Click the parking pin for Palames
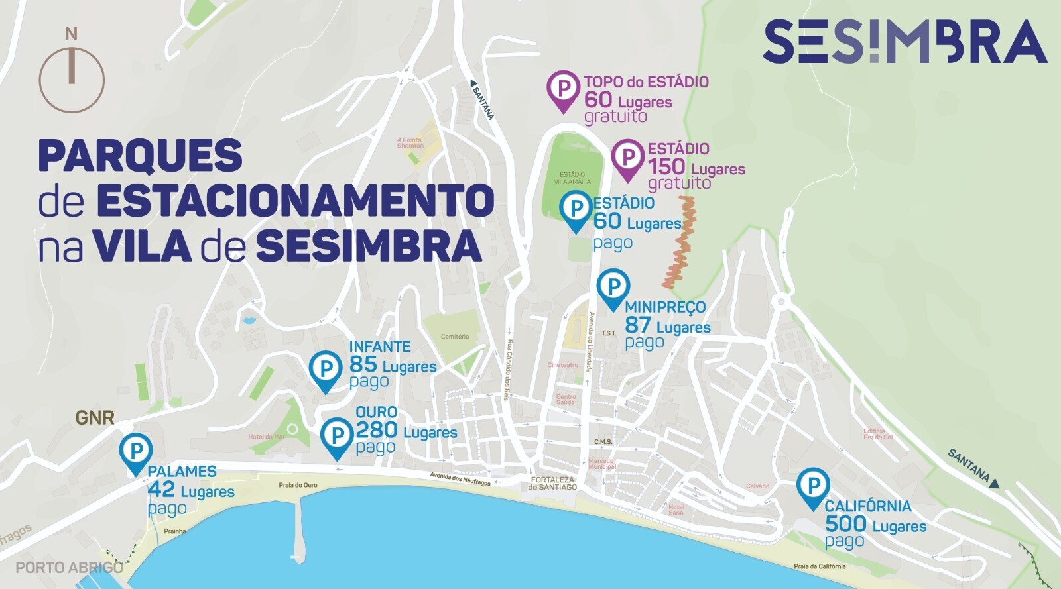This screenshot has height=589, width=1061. [136, 451]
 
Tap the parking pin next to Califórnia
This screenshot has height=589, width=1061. [812, 486]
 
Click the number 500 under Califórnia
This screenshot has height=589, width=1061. [845, 524]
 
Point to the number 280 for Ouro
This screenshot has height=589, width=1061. [377, 431]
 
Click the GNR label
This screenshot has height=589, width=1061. [95, 418]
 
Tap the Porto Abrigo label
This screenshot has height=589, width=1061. [69, 568]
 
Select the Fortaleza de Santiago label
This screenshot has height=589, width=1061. [552, 484]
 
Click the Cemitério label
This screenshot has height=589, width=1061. [455, 337]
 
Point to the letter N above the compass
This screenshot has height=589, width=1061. [72, 34]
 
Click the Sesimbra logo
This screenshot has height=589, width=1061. [905, 41]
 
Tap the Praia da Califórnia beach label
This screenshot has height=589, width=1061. [820, 566]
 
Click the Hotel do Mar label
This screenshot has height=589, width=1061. [266, 437]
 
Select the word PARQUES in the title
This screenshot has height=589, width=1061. [140, 156]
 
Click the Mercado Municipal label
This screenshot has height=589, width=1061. [601, 464]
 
